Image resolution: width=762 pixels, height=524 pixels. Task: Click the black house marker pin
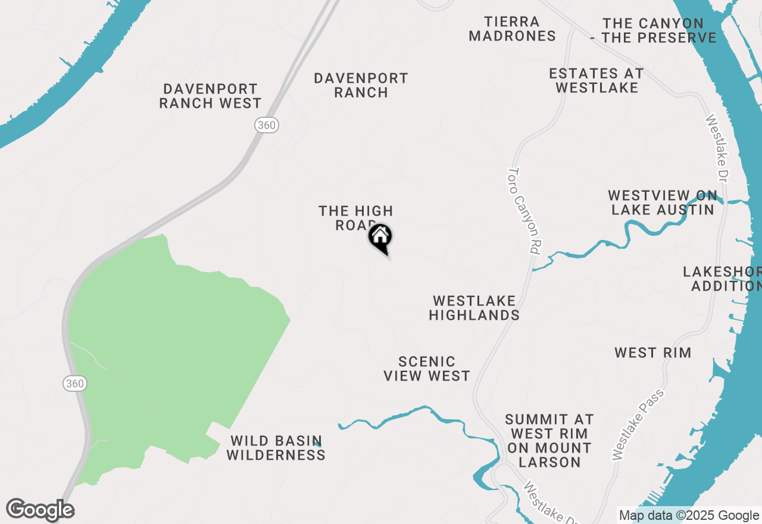pos(380,238)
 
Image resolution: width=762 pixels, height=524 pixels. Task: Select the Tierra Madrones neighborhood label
pos(512,29)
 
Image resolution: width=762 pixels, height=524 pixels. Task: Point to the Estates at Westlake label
pos(597,80)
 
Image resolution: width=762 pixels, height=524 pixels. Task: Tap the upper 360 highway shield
pos(267,124)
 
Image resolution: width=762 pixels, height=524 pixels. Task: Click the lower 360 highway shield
pos(75,383)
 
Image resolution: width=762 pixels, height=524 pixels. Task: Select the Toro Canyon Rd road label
pos(523,211)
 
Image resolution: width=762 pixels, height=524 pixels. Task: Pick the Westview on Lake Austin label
pos(663,202)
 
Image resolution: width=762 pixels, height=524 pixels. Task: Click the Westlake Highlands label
pos(474,308)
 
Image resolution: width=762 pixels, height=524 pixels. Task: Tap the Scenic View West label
pos(427,369)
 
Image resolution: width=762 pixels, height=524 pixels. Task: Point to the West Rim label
pos(653,353)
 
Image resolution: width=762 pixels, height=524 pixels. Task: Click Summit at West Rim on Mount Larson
pos(549,441)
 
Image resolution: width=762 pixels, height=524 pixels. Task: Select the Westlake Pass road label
pos(638,424)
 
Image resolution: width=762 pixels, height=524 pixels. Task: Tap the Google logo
pos(40,510)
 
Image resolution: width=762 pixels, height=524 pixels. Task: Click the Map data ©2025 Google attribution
pos(689,516)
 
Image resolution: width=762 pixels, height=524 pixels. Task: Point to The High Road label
pos(355,217)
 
